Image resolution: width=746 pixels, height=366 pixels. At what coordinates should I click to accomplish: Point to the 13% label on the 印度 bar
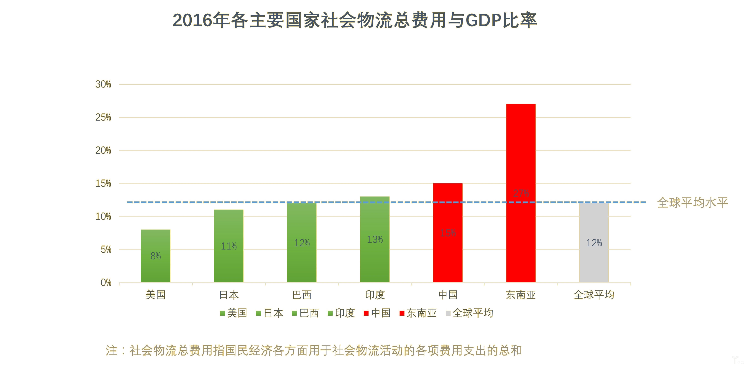pyautogui.click(x=375, y=240)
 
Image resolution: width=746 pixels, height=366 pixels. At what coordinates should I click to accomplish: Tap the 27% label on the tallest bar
pyautogui.click(x=521, y=193)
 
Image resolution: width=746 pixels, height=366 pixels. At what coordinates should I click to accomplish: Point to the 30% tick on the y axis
pyautogui.click(x=103, y=84)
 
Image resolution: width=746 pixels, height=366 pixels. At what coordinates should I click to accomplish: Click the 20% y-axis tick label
pyautogui.click(x=103, y=150)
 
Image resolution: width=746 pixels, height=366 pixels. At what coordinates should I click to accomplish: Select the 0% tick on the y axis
pyautogui.click(x=106, y=283)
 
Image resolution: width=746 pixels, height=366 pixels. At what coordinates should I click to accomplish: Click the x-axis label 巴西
pyautogui.click(x=302, y=295)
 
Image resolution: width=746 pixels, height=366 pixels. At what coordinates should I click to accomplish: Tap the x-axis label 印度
pyautogui.click(x=375, y=295)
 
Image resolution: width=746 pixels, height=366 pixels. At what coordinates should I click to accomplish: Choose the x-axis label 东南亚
pyautogui.click(x=521, y=295)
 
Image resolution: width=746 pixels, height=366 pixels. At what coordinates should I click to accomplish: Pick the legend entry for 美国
pyautogui.click(x=233, y=313)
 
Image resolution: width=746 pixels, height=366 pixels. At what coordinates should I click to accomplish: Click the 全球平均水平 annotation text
pyautogui.click(x=692, y=203)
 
